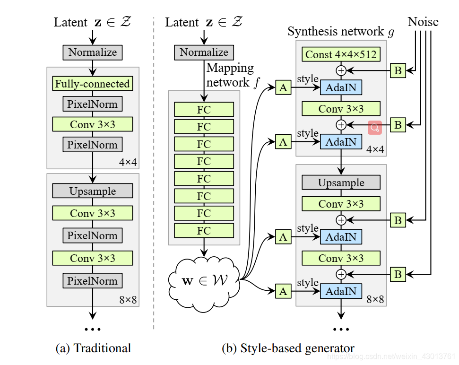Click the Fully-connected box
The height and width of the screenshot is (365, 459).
tap(92, 84)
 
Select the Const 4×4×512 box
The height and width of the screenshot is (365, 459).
tap(341, 54)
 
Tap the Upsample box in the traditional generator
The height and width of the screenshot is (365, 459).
tap(92, 191)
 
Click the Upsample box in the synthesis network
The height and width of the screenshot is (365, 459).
tap(341, 182)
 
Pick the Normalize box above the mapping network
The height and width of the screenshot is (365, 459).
tap(204, 52)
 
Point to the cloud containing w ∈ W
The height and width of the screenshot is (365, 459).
tap(204, 279)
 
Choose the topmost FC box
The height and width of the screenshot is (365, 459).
tap(204, 109)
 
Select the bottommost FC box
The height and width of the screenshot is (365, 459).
tap(204, 231)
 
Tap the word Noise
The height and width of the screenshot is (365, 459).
tap(423, 22)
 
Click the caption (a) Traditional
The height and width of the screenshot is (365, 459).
tap(93, 348)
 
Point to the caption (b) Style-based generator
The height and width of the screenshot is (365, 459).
tap(288, 348)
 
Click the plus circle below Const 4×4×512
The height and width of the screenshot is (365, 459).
tap(341, 70)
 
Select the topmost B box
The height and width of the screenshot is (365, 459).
tap(398, 70)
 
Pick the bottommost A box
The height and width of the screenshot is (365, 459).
tap(283, 291)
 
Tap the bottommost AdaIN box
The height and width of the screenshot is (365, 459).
tap(341, 291)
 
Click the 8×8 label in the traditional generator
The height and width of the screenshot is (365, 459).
tap(128, 299)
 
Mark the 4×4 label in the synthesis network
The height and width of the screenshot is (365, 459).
tap(375, 149)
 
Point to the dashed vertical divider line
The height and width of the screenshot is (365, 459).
tap(154, 175)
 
